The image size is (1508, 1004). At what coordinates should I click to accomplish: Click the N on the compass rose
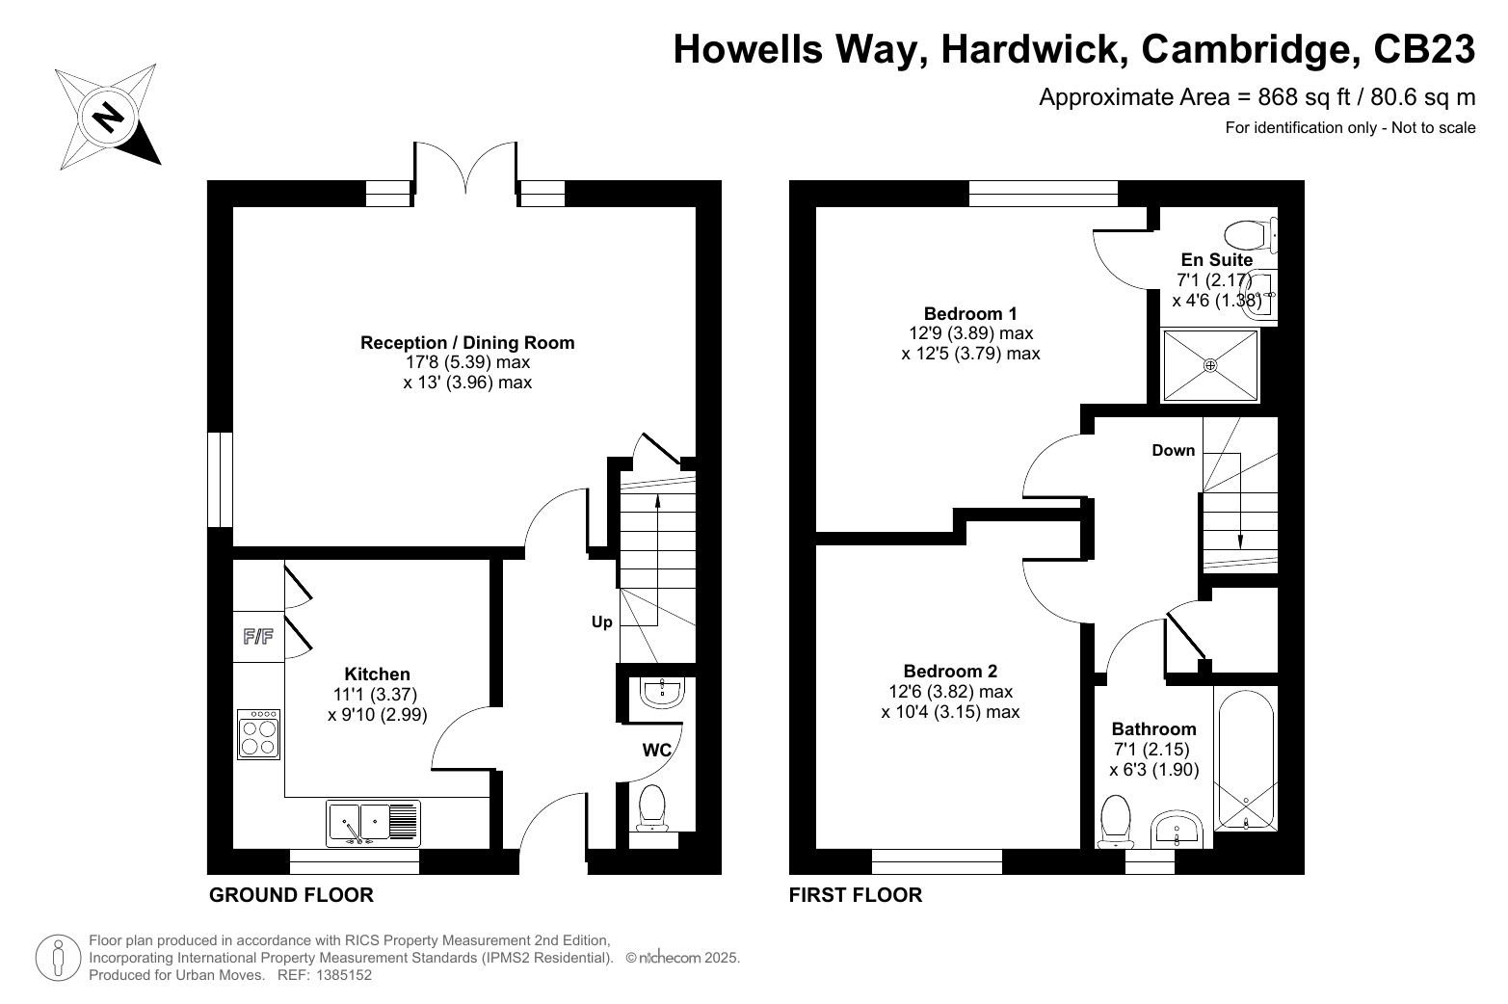[108, 118]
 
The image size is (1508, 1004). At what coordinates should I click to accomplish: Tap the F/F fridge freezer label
[258, 636]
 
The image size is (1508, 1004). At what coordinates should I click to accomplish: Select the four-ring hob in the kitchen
[258, 734]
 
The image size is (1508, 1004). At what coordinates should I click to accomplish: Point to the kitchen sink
[373, 823]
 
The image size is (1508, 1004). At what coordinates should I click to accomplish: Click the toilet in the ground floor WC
[651, 808]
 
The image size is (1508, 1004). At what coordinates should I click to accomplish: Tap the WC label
[657, 751]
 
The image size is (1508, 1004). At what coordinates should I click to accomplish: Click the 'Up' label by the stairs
[602, 622]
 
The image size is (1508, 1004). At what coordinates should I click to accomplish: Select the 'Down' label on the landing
[1174, 451]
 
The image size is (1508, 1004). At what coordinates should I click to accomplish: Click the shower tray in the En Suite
[1210, 365]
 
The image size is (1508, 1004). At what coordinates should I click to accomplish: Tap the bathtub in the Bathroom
[1246, 759]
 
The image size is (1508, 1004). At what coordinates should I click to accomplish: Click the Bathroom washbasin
[1177, 829]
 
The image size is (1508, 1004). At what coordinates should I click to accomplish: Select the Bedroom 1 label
[970, 314]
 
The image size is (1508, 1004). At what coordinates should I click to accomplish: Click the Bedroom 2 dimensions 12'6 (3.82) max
[951, 692]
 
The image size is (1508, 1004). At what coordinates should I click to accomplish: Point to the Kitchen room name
[377, 674]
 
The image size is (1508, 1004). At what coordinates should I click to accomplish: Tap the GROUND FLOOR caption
[292, 895]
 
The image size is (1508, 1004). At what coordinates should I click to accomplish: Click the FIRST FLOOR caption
[856, 895]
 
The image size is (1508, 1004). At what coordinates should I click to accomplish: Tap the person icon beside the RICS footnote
[59, 958]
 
